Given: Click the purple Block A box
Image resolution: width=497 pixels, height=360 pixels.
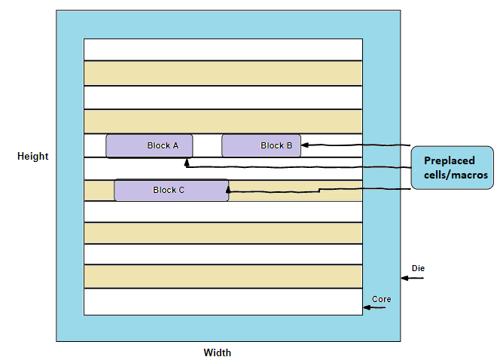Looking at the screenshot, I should tap(149, 146).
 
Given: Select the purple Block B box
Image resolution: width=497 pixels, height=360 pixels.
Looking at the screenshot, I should tap(261, 145).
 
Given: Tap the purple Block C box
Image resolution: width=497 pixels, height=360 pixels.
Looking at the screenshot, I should tap(171, 190).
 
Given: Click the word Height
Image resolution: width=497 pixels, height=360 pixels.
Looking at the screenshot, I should tap(33, 157).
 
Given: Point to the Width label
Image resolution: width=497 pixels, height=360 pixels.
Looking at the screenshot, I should tap(217, 352).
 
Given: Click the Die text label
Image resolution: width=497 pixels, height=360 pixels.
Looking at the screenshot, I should tap(418, 268).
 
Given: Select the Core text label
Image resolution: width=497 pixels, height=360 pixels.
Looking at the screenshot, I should tap(381, 299).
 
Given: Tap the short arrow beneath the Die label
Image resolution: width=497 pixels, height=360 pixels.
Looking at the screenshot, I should tap(411, 279).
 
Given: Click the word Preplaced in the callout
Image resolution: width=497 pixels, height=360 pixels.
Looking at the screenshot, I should tap(450, 160).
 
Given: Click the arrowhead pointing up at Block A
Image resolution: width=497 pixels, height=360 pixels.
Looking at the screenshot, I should tap(187, 161).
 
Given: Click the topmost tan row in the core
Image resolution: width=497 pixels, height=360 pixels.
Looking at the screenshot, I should tap(223, 73).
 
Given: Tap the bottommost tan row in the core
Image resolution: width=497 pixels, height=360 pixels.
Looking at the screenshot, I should tap(223, 276).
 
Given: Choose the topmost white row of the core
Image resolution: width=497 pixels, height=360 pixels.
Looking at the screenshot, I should tap(223, 49).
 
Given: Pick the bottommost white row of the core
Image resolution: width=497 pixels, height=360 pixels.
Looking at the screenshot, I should tap(223, 301).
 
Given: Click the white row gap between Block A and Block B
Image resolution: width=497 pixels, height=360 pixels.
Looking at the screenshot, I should tap(207, 145).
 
